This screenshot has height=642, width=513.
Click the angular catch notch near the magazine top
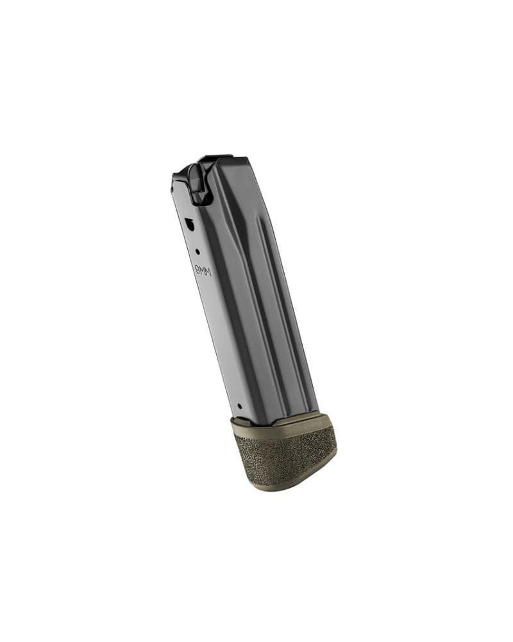[190, 224]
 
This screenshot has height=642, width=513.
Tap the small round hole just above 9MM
[198, 252]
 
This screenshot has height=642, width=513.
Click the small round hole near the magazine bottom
[239, 406]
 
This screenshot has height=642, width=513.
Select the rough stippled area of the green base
[282, 456]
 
